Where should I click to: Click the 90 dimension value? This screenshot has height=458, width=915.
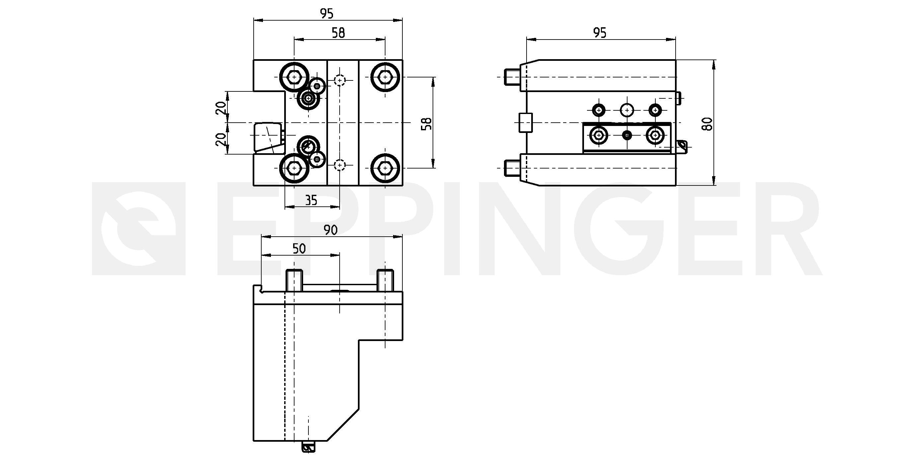click(330, 230)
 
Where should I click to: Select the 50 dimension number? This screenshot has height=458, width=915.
click(299, 249)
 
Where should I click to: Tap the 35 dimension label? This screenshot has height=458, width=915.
click(311, 200)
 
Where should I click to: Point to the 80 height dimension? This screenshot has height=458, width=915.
click(708, 123)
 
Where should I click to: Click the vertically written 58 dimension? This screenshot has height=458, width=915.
click(426, 123)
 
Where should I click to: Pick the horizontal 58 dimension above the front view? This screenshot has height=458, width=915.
click(338, 33)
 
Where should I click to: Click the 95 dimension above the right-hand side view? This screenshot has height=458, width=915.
click(600, 33)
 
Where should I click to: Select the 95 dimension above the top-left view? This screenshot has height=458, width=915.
click(327, 14)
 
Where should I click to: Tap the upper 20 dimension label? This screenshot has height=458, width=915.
click(221, 107)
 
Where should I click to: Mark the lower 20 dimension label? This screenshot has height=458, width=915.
click(221, 139)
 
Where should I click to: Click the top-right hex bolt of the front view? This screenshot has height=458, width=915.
click(385, 77)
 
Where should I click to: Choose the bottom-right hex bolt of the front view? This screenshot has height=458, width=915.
click(385, 168)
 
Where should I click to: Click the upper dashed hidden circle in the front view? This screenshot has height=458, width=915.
click(340, 81)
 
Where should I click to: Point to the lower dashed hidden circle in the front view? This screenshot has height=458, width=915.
click(340, 165)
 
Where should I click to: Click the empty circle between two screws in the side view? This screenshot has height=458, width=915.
click(627, 110)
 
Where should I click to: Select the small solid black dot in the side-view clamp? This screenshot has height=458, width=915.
click(627, 135)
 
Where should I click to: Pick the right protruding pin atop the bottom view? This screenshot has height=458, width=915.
click(385, 281)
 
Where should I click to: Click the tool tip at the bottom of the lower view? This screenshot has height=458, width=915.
click(308, 447)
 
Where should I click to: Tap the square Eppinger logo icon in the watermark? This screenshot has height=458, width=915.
click(139, 229)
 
